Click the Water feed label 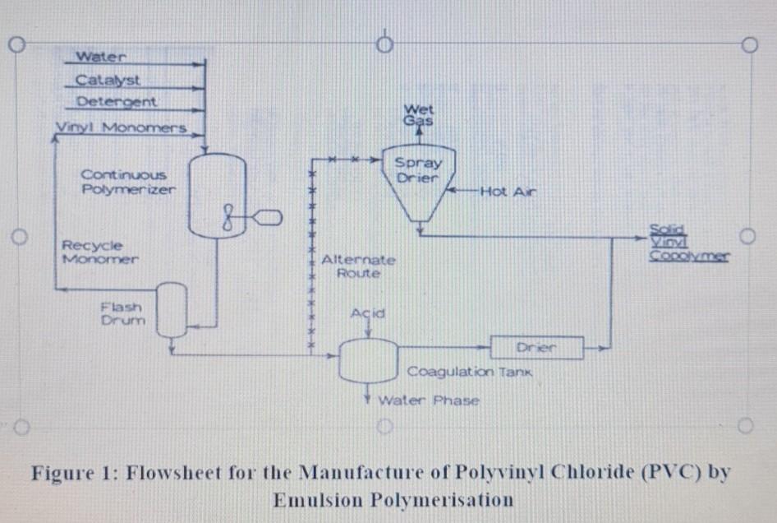101,57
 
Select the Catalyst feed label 108,80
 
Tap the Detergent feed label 116,101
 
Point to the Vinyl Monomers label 122,128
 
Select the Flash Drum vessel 172,309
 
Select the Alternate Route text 358,266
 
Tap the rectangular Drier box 537,348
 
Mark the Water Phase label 428,400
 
